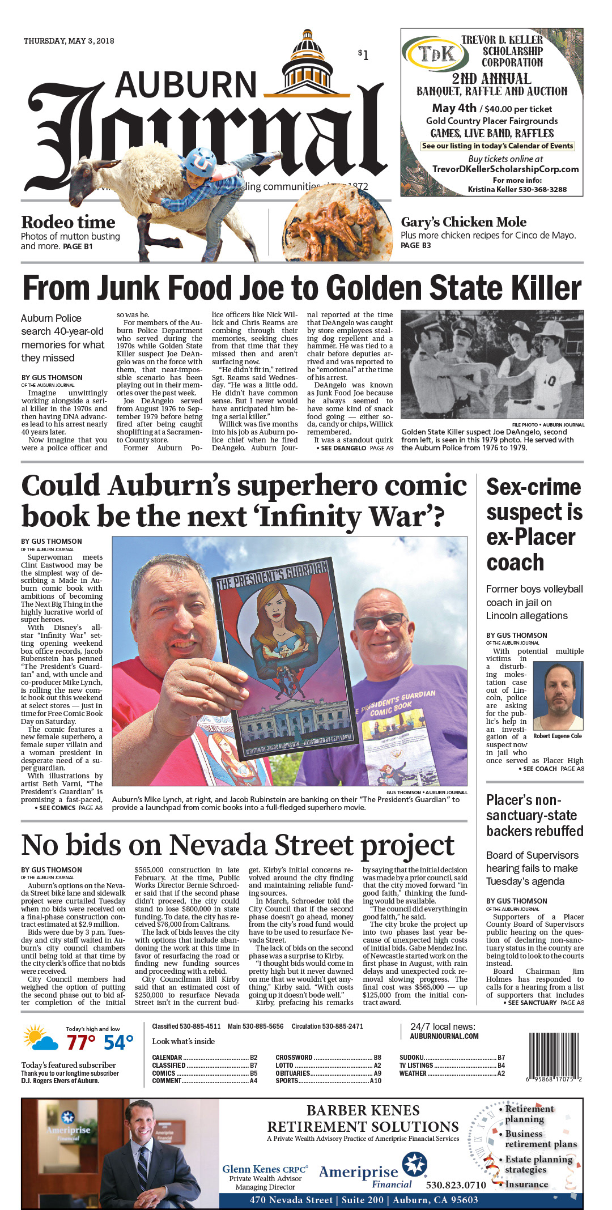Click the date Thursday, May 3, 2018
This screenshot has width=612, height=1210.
(x=69, y=41)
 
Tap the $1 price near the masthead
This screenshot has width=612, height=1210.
(x=363, y=54)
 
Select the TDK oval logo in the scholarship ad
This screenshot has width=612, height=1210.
(x=436, y=54)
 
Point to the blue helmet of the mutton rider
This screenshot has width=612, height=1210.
(x=199, y=160)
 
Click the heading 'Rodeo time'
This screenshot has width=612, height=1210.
(x=68, y=222)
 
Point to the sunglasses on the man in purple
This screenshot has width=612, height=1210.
(x=381, y=620)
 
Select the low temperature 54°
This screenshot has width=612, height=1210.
(x=118, y=1043)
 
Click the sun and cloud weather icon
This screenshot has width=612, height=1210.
(x=40, y=1039)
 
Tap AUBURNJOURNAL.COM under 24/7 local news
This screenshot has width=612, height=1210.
(x=444, y=1036)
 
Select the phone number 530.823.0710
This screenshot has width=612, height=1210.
(x=456, y=1185)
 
